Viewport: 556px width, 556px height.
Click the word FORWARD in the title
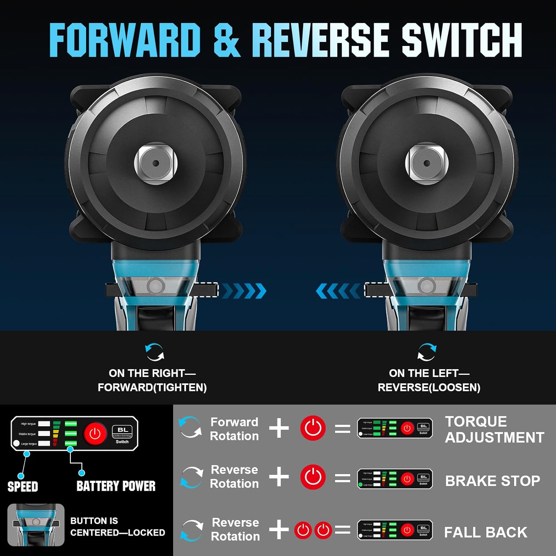point(125,40)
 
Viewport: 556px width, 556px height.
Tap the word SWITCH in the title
point(462,40)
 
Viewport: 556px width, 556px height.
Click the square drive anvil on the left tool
point(156,163)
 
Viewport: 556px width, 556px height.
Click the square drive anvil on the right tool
point(427,163)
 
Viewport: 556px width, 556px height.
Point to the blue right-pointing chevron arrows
point(244,291)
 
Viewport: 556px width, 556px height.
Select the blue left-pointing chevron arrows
point(338,291)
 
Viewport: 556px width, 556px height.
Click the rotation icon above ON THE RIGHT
point(154,352)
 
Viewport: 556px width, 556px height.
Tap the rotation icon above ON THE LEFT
point(427,352)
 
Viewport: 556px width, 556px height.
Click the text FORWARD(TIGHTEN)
point(152,387)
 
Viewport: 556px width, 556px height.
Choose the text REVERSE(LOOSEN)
point(429,387)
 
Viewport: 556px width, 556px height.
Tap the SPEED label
point(23,486)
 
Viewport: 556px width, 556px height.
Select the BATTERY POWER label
point(116,486)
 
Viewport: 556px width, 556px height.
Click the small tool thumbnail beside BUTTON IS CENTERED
point(36,524)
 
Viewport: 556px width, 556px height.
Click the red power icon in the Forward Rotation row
point(313,428)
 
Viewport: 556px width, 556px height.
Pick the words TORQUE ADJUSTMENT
point(494,429)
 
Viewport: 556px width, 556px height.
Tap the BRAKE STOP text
point(492,481)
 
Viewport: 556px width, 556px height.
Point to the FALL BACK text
point(486,532)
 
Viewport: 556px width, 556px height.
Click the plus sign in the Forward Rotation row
point(279,428)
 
